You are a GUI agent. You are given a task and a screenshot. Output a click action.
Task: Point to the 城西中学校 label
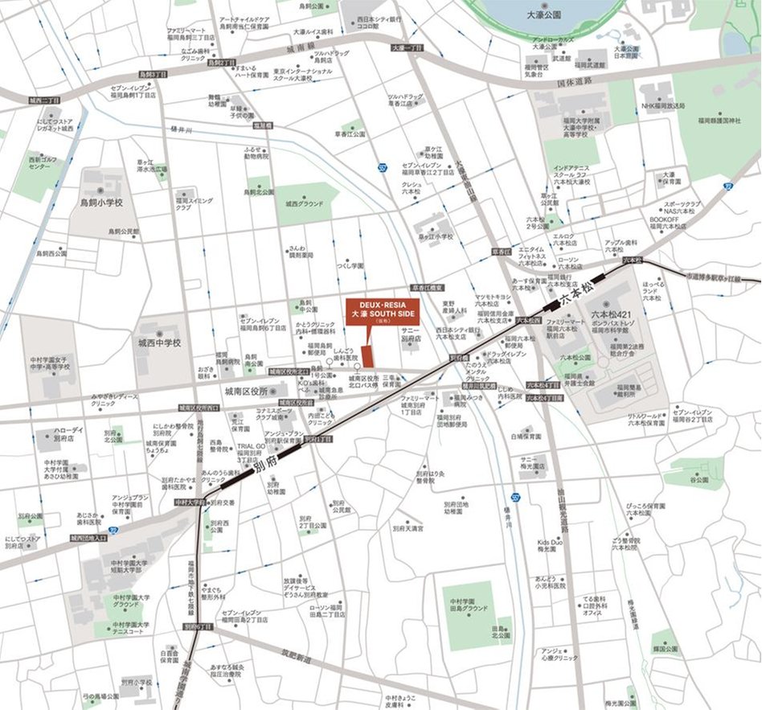click(158, 343)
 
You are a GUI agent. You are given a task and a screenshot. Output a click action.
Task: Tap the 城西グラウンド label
click(305, 204)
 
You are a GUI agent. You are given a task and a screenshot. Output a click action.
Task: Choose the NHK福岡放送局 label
click(663, 106)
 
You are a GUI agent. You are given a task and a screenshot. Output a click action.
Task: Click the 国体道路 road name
click(574, 81)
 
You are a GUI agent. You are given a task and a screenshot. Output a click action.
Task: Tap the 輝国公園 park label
click(666, 648)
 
